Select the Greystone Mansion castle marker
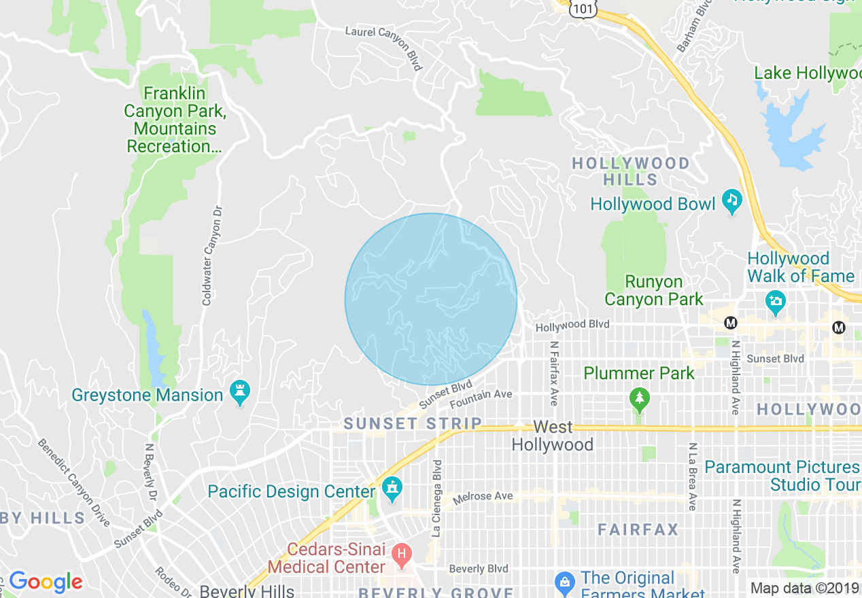tap(239, 391)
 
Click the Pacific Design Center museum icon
tap(392, 487)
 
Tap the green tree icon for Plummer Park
tap(638, 399)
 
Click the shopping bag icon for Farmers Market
tap(564, 582)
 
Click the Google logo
tap(46, 582)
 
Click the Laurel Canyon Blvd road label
tap(385, 48)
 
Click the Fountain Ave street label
tap(481, 400)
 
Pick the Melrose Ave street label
tap(483, 497)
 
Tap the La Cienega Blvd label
tap(437, 498)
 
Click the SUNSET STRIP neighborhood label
tap(413, 424)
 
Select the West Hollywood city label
tap(553, 436)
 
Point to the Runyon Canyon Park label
tap(654, 290)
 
